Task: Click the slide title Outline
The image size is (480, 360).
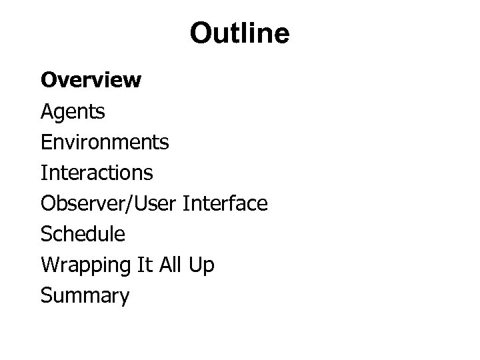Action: [x=239, y=33]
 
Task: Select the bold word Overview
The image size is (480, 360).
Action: [x=91, y=81]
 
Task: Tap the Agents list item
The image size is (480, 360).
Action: [x=73, y=111]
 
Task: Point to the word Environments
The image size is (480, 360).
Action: [x=105, y=142]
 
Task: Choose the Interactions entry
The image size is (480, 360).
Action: [x=97, y=173]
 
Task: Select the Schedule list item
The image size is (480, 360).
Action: [x=83, y=234]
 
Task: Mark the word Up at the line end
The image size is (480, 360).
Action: [x=203, y=265]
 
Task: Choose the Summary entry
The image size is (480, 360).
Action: [x=85, y=295]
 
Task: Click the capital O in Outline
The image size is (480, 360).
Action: [x=200, y=33]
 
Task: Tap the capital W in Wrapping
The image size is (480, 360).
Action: [x=49, y=265]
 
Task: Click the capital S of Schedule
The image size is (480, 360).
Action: [x=46, y=234]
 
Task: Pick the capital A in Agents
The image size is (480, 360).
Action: [x=47, y=111]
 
